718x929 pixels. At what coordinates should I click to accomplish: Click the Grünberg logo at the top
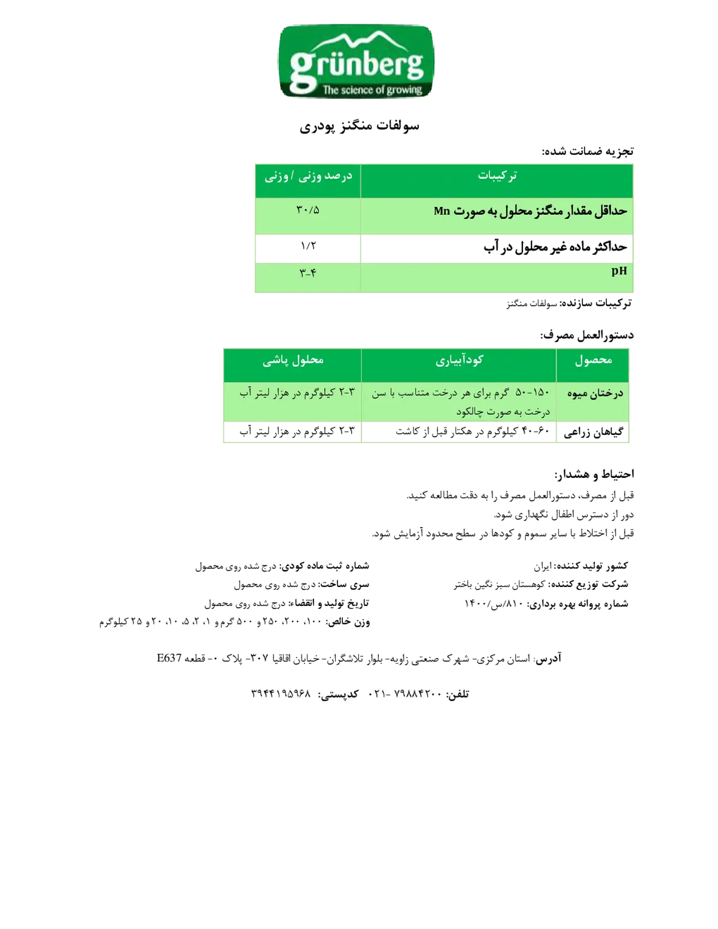tap(356, 61)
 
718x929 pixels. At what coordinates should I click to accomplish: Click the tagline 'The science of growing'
tap(372, 90)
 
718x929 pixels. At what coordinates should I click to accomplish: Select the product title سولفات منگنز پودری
tap(359, 126)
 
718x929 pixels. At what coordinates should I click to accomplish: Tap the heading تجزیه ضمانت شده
tap(588, 151)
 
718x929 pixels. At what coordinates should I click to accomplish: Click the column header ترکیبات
tap(497, 175)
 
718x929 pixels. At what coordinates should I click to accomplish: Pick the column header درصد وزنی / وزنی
tap(308, 176)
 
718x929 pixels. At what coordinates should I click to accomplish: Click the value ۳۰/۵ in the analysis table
tap(308, 210)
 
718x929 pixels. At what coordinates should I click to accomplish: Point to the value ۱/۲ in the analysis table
tap(308, 246)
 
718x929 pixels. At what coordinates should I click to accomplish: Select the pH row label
tap(619, 271)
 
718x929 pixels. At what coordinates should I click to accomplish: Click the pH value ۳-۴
tap(308, 273)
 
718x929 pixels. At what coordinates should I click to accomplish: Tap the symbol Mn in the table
tap(442, 211)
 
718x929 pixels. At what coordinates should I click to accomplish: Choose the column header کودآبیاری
tap(460, 360)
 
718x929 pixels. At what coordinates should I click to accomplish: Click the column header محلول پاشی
tap(293, 360)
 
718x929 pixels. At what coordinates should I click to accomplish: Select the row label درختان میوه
tap(595, 394)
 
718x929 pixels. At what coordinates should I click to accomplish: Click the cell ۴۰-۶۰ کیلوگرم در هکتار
tap(472, 431)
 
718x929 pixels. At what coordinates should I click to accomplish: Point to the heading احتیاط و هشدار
tap(594, 474)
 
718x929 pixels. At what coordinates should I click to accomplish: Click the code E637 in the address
tap(169, 657)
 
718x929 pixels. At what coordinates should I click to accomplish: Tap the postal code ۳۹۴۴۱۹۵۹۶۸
tap(281, 693)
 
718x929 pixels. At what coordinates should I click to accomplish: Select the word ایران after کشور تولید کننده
tap(542, 566)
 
